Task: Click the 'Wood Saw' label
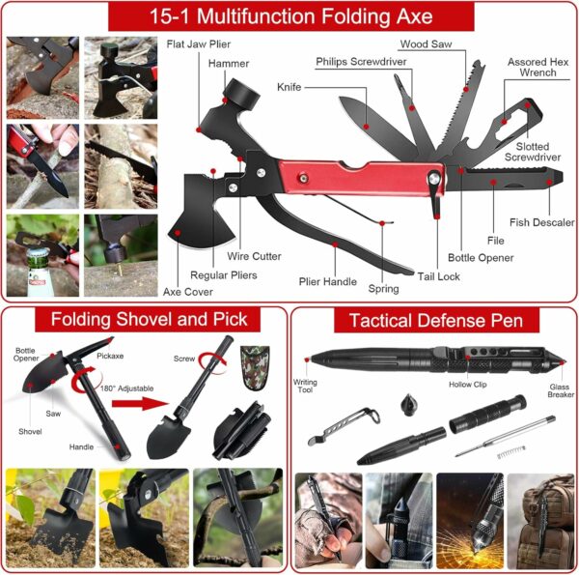pos(426,44)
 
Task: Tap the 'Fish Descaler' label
pos(541,222)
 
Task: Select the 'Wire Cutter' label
pos(254,256)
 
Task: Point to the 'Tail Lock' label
pos(438,276)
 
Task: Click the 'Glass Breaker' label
pos(560,390)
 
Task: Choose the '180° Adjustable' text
pos(126,388)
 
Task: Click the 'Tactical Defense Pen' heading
pos(436,320)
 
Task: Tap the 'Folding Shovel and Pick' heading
pos(149,319)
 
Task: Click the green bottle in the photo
pos(38,272)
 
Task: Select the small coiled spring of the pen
pos(511,452)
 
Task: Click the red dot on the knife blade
pos(366,127)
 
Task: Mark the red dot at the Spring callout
pos(382,223)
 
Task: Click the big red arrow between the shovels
pos(140,403)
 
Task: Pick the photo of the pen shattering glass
pos(470,521)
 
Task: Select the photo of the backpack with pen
pos(540,521)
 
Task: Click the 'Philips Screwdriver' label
pos(361,62)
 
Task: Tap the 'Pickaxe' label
pos(110,356)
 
